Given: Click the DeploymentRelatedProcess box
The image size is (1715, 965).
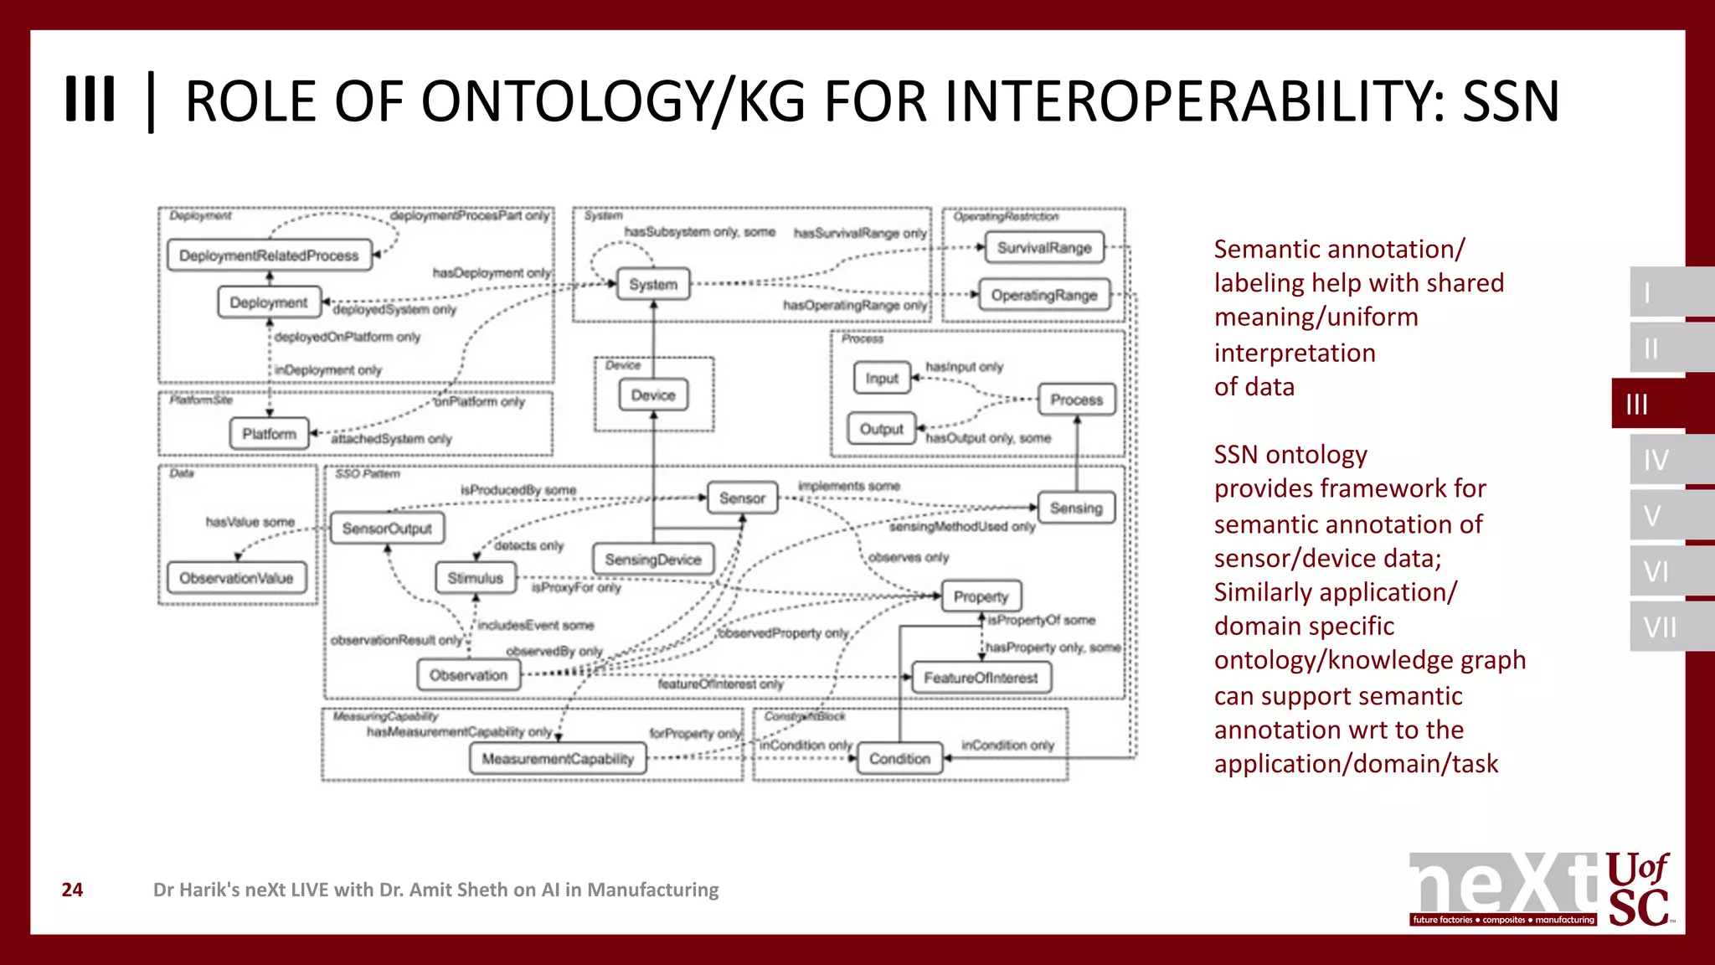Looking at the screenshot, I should [x=269, y=255].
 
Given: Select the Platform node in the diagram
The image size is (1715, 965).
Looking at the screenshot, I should [x=269, y=434].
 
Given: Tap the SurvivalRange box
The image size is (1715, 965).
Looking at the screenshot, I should [x=1044, y=248].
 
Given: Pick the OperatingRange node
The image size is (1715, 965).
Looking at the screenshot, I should [x=1044, y=295].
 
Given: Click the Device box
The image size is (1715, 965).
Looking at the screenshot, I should [x=653, y=395].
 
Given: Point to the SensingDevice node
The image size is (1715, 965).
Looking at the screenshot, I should [x=653, y=560].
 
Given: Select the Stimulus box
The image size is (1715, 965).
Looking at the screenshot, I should [x=475, y=578].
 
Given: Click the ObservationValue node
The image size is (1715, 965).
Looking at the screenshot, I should [x=236, y=578].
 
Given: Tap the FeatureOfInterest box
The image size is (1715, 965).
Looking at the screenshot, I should [x=981, y=678].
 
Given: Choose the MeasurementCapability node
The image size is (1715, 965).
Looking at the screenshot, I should [x=558, y=759].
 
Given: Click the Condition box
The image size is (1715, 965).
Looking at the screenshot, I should [x=899, y=759].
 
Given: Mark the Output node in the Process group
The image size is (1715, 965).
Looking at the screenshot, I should [x=882, y=429].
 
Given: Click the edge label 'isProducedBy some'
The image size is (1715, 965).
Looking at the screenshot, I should [x=518, y=490].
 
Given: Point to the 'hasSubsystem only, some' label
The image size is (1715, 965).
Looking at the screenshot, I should [x=700, y=232].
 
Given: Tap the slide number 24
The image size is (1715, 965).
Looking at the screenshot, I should [x=73, y=890].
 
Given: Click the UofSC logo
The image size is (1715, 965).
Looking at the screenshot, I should [x=1638, y=890].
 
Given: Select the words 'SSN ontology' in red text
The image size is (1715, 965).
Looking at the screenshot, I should [x=1290, y=455].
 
